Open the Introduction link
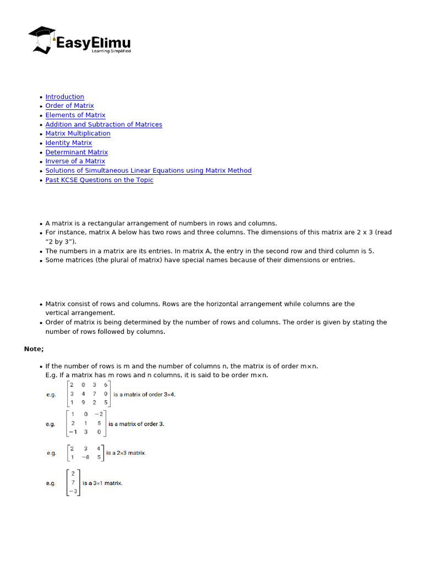[x=64, y=97]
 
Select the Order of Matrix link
[x=69, y=106]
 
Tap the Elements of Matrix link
[x=75, y=115]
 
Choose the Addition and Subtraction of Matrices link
[x=104, y=124]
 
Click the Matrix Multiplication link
[x=78, y=134]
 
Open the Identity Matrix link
[x=68, y=143]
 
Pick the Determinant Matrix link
[x=77, y=152]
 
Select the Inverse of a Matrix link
[x=75, y=161]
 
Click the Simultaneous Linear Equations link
[x=148, y=170]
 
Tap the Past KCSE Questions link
[x=99, y=180]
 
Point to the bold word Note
[x=33, y=349]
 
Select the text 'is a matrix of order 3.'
[x=136, y=424]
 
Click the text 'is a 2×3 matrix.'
[x=126, y=453]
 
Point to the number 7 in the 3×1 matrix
[x=73, y=483]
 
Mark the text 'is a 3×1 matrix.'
[x=102, y=483]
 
